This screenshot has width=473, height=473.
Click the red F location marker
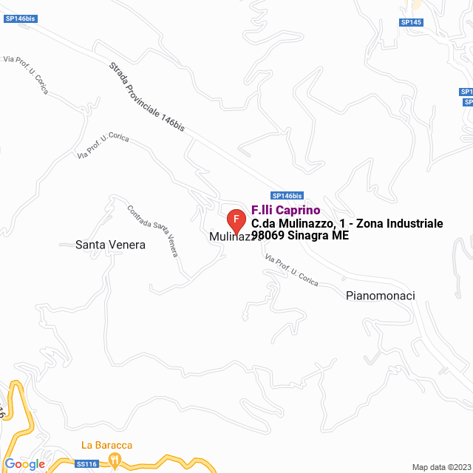coord(236,220)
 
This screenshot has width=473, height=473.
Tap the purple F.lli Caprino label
coord(285,210)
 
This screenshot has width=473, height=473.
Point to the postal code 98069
coord(267,236)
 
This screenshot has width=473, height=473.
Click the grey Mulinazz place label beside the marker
coord(231,237)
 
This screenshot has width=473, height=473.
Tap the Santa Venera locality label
coord(110,245)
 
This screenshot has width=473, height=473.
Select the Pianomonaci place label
coord(380,296)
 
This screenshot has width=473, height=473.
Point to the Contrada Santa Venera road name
coord(153,230)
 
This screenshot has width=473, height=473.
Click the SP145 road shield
coord(411,22)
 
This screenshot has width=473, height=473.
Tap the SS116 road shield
coord(86,464)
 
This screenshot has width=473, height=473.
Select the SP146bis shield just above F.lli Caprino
coord(287,196)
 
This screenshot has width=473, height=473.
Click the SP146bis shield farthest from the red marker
coord(20,18)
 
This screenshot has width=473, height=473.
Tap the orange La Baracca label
coord(106,445)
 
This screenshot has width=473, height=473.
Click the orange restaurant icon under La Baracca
coord(115,460)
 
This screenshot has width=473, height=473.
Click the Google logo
coord(24,464)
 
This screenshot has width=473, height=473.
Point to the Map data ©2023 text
coord(440,467)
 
